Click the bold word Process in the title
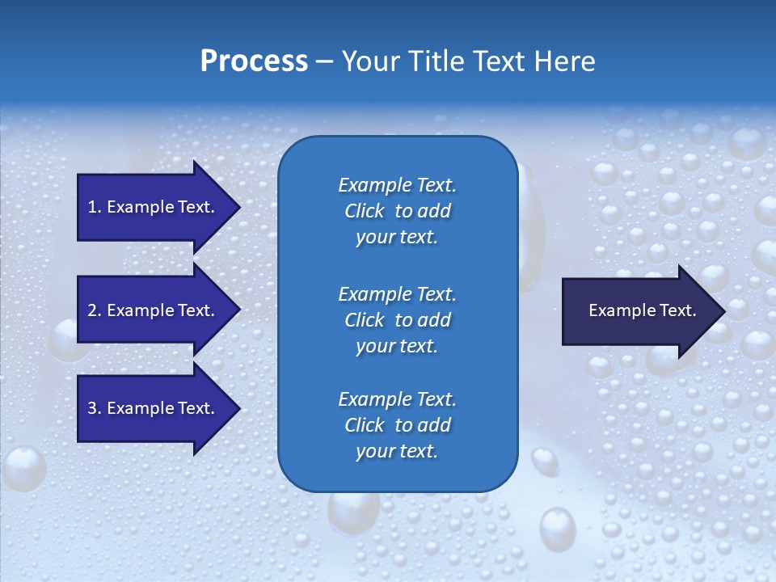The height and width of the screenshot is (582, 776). [x=254, y=61]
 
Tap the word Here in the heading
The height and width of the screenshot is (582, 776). [x=565, y=61]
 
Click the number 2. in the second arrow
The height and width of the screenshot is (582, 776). [x=95, y=310]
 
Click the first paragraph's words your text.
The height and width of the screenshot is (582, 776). [x=397, y=238]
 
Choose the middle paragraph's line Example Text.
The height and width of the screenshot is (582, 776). [x=397, y=293]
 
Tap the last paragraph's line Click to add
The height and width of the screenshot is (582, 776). [x=397, y=425]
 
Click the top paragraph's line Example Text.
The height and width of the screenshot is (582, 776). [x=397, y=185]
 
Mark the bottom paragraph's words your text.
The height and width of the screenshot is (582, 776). [x=397, y=452]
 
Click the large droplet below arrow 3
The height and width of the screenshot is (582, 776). [x=23, y=469]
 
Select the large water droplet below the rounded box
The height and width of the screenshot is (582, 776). [x=557, y=529]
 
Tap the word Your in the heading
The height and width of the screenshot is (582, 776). [x=370, y=61]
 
